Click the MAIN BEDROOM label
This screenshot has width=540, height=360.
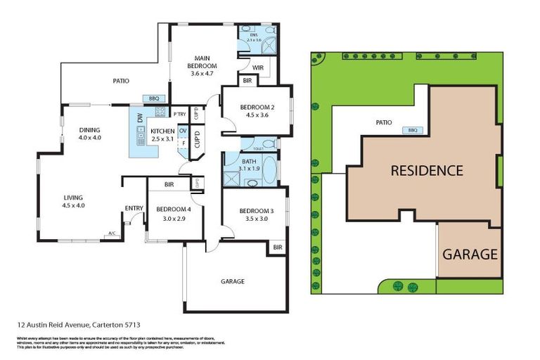(x=199, y=59)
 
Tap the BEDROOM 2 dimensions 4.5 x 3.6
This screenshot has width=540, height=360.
(x=255, y=115)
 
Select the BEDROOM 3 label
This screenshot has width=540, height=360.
(x=254, y=211)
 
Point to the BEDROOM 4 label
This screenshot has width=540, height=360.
(x=173, y=210)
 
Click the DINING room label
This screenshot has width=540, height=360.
(x=89, y=129)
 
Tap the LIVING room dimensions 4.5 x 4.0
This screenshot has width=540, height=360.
(x=73, y=205)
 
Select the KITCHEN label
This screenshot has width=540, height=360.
(x=162, y=131)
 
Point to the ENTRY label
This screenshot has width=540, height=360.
(x=134, y=208)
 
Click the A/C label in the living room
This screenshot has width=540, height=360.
(x=111, y=234)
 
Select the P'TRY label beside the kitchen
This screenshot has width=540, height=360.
(x=179, y=114)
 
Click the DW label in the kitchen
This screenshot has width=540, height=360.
(x=140, y=120)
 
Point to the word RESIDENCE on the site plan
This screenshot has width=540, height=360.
(x=427, y=170)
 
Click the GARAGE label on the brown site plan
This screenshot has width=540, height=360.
(x=470, y=254)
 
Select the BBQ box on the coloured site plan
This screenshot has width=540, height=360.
(x=413, y=130)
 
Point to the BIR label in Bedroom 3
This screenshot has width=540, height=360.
(x=277, y=247)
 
